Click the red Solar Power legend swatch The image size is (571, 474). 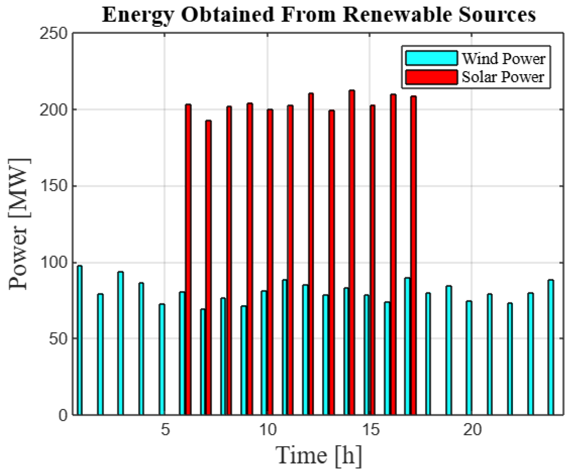tap(431, 77)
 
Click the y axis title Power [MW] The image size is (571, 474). tap(19, 224)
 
